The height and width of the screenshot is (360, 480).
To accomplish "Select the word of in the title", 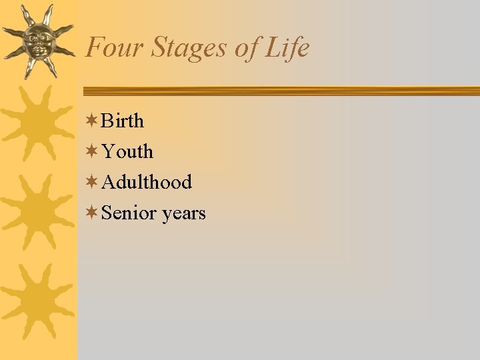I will coord(250,49).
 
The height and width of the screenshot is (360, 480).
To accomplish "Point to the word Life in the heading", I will coord(288,48).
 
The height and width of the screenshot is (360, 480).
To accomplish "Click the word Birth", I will coord(122,121).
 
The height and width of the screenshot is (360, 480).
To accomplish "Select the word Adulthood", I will coord(147,182).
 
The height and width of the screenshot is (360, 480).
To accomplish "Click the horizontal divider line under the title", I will coord(280,91).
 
